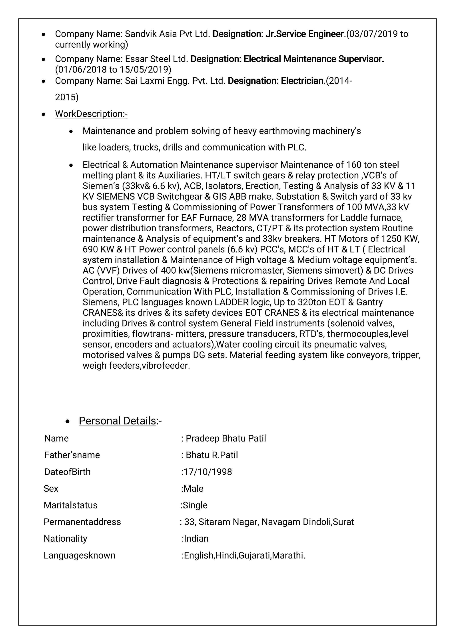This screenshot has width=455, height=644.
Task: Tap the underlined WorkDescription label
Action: point(91,114)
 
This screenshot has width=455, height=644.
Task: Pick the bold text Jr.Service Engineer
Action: point(304,34)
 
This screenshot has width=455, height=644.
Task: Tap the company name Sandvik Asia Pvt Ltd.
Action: point(167,34)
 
